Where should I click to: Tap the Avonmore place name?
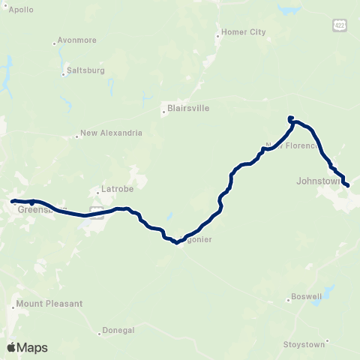coord(77,42)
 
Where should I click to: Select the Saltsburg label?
coord(85,70)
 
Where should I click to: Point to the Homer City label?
coord(241,32)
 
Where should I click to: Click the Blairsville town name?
coord(187,108)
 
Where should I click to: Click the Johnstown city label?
coord(319,181)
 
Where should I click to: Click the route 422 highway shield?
coord(341,25)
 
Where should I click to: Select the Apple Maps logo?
coord(27,347)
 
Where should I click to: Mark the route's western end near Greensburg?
coord(13,201)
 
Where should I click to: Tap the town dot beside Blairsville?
coord(163,114)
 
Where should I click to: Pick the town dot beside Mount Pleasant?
coord(14,306)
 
